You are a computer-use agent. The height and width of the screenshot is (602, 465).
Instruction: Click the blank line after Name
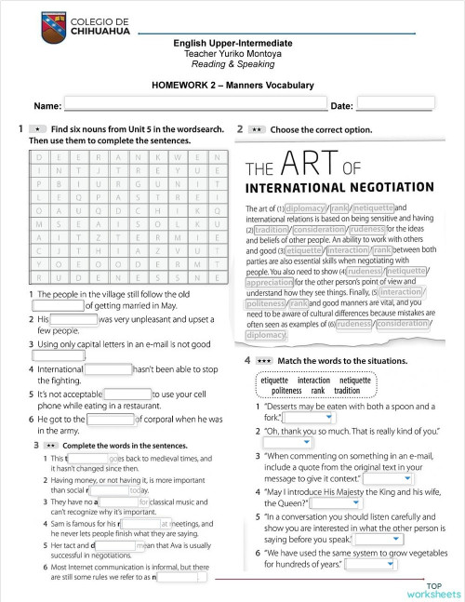pyautogui.click(x=195, y=105)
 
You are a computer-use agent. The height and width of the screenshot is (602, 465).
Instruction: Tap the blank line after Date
pyautogui.click(x=394, y=105)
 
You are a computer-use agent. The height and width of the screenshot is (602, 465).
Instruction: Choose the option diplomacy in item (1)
pyautogui.click(x=305, y=208)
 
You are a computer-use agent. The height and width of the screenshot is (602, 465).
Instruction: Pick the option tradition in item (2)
pyautogui.click(x=272, y=229)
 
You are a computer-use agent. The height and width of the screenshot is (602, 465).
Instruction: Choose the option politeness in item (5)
pyautogui.click(x=266, y=302)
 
